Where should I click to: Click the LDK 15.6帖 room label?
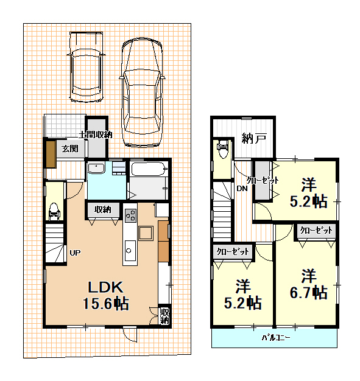coord(106,295)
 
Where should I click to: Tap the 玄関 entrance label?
coord(70,149)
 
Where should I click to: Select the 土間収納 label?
coord(96,135)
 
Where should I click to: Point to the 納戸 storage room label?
coord(254,138)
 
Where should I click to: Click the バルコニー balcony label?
coord(275,338)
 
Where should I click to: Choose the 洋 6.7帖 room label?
coord(308,284)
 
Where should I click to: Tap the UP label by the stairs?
coord(75,253)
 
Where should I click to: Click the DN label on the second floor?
coord(242,189)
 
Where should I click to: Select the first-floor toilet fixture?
coord(54,211)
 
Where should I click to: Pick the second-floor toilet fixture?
coord(222,149)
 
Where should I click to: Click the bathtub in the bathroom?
coord(149,169)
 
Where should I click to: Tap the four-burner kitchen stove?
coord(130,215)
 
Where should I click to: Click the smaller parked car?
coord(86,67)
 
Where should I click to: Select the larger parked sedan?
coord(142,93)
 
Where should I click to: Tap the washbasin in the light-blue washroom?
coord(96,168)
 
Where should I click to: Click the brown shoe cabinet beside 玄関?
coord(51,154)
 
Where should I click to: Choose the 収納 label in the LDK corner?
coord(164,316)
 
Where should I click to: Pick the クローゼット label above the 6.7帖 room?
coord(316,230)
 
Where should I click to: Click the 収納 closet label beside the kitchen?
coord(103,209)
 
